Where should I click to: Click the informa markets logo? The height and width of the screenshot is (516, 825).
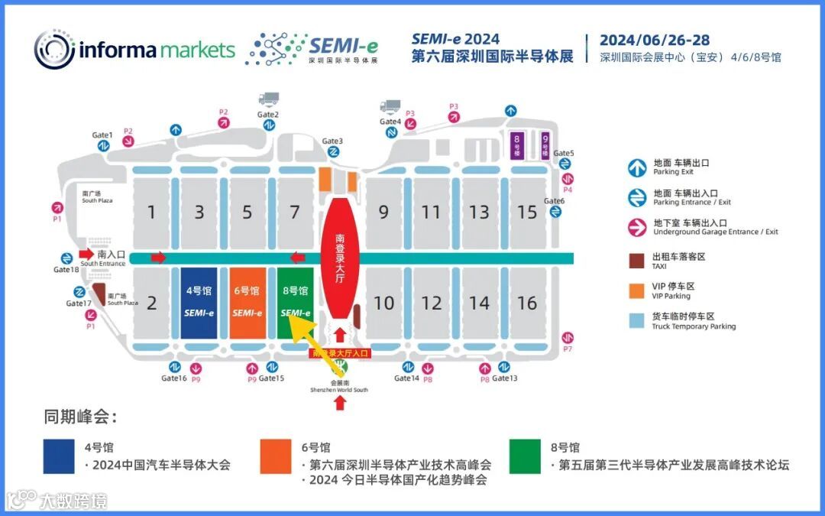click(x=134, y=50)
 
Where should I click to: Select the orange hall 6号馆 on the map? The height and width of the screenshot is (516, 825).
click(x=247, y=303)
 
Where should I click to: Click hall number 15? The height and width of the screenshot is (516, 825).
click(x=527, y=212)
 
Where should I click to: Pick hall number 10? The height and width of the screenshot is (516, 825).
click(x=383, y=303)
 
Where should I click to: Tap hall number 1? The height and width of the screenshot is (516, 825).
click(x=152, y=212)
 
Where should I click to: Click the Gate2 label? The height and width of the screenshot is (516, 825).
click(x=268, y=115)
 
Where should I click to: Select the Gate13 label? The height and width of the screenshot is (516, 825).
click(x=505, y=378)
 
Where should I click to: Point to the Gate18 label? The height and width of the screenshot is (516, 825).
click(x=66, y=269)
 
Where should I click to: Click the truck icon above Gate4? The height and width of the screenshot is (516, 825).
click(x=390, y=106)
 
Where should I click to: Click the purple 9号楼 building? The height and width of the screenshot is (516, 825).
click(x=545, y=145)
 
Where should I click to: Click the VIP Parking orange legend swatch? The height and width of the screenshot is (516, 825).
click(x=636, y=290)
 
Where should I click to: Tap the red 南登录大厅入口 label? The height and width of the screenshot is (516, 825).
click(x=340, y=353)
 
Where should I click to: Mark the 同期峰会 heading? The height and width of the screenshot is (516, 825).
click(x=80, y=417)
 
